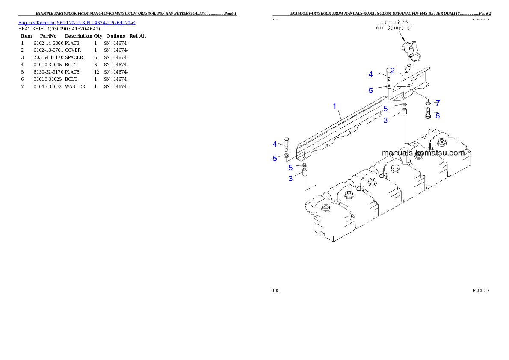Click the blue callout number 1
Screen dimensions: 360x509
[335, 106]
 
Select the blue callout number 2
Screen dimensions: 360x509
[392, 71]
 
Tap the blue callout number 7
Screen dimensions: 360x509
[438, 103]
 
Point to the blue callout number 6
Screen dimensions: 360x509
[438, 115]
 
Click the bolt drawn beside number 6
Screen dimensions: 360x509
[428, 114]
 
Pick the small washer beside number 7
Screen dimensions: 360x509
[428, 103]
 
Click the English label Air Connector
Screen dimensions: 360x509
[394, 27]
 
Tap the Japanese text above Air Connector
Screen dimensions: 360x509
[394, 21]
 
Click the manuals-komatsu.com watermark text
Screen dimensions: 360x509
[423, 153]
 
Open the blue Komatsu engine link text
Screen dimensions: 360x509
[77, 22]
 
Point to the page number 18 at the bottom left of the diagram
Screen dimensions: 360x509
[275, 291]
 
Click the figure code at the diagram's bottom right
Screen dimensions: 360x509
[481, 291]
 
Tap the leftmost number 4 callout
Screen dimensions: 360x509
[275, 143]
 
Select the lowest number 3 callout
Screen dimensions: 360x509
[290, 179]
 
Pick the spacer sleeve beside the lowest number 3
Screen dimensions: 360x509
[305, 174]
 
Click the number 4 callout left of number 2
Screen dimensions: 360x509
[371, 74]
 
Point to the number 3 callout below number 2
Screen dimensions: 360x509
[385, 121]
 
